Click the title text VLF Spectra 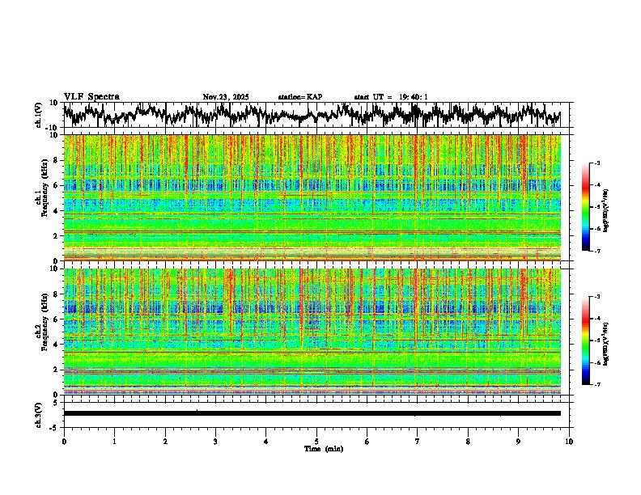(91, 97)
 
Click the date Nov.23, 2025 (226, 97)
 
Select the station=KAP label (299, 97)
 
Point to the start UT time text (390, 97)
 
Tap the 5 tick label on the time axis (316, 442)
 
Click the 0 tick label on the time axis (64, 442)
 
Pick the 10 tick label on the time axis (569, 442)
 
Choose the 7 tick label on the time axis (418, 442)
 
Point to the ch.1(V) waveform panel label (38, 115)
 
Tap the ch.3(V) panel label (38, 413)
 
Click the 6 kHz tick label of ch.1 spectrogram (56, 185)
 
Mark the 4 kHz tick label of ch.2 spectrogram (56, 345)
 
